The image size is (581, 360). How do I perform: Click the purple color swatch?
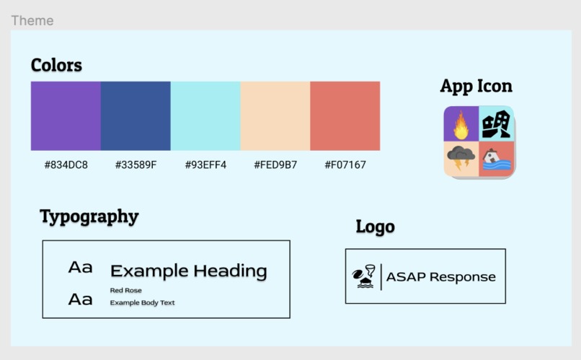coord(66,115)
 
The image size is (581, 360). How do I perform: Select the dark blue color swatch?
coord(136,115)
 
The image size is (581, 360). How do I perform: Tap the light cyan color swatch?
coord(205,115)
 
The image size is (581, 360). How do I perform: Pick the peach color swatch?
coord(275,115)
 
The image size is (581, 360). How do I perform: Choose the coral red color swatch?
coord(345,115)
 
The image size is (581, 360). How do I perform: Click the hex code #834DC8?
coord(66,164)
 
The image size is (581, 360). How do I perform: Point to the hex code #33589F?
coord(136,164)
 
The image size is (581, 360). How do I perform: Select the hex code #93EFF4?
coord(205,164)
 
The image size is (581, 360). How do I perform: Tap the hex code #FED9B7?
coord(275,164)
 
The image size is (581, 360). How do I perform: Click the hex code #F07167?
coord(345,164)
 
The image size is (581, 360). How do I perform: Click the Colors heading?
coord(56,65)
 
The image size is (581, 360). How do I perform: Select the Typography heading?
coord(89,216)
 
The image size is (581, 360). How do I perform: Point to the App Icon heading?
coord(476,86)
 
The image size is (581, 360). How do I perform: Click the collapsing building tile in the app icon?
coord(496,124)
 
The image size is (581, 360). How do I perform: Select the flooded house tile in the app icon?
coord(496,158)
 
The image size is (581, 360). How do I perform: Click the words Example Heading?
coord(188,271)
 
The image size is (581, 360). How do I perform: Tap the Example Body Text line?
coord(142,303)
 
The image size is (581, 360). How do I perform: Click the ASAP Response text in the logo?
coord(440,277)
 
